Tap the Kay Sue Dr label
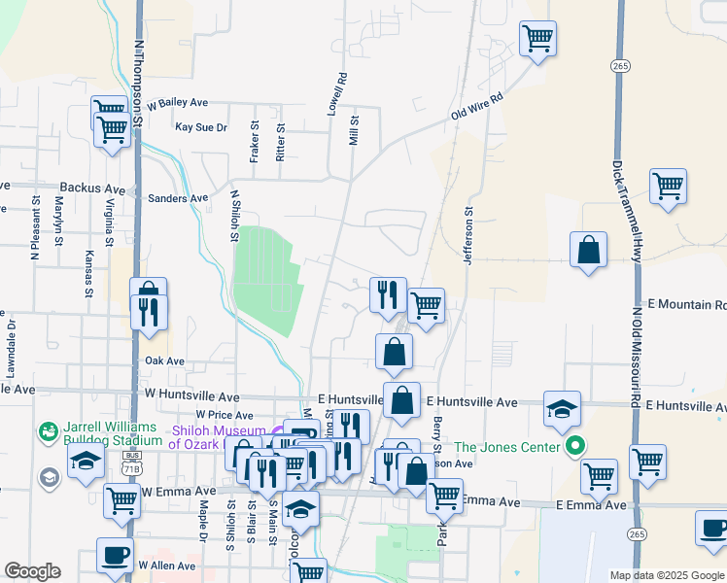click(x=200, y=127)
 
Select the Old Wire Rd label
click(x=476, y=107)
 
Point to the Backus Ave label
click(x=92, y=188)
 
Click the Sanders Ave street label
click(x=178, y=198)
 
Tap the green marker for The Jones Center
click(x=574, y=448)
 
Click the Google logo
click(x=31, y=571)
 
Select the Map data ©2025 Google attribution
click(x=666, y=575)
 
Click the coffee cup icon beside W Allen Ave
click(x=115, y=555)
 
